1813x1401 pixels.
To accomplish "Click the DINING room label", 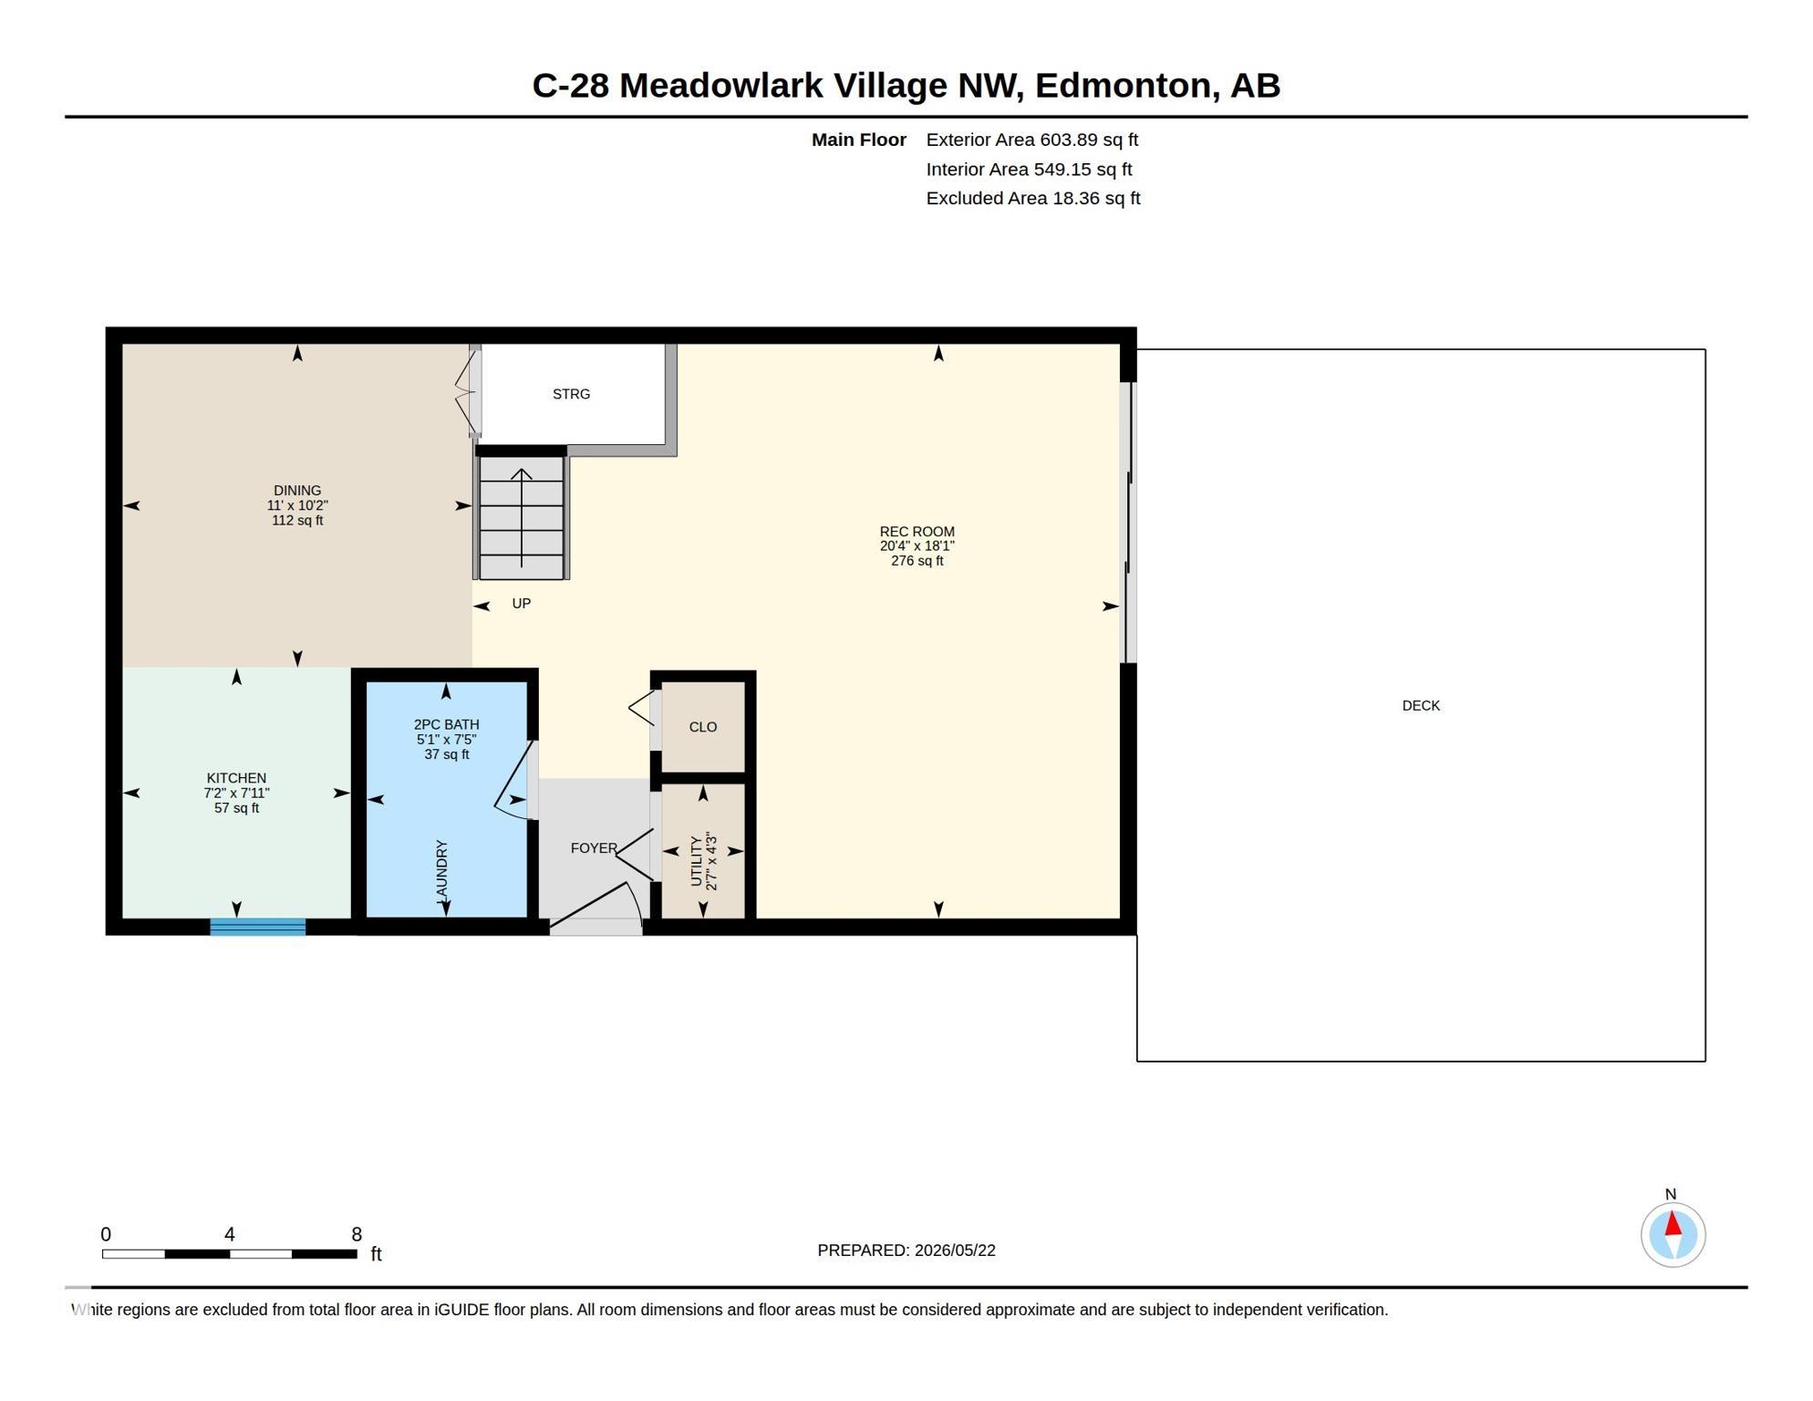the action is point(297,491).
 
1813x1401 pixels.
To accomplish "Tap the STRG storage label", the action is point(571,394).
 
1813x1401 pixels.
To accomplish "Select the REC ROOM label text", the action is point(917,532).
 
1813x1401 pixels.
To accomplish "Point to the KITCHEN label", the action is point(236,778).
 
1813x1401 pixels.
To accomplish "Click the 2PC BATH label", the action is point(446,725).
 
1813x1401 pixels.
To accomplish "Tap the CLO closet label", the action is point(702,727).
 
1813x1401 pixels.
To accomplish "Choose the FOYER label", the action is point(594,848).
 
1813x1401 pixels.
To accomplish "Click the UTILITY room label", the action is point(697,861).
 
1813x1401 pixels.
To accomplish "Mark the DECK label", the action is point(1421,706).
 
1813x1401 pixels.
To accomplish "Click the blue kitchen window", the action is point(258,927).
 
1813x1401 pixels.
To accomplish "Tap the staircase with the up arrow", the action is point(522,517).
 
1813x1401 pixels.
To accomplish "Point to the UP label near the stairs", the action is point(521,604).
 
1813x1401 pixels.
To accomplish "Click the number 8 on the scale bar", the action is point(357,1234).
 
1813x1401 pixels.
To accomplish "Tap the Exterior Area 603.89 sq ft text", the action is point(1032,140).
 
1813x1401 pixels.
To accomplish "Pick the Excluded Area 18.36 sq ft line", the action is point(1033,198).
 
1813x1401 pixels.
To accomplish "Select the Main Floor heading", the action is point(859,140).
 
